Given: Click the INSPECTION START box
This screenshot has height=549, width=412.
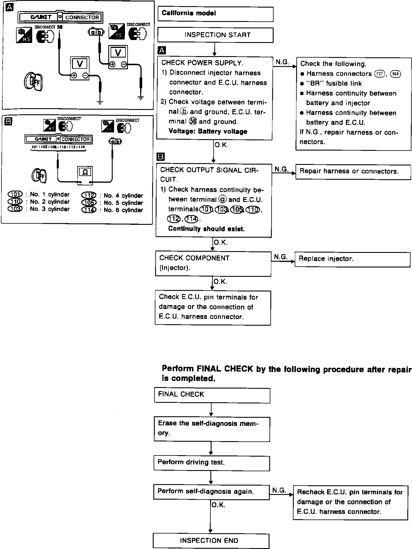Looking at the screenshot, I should [x=215, y=35].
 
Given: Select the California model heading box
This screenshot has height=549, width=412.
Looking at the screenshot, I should [x=215, y=14].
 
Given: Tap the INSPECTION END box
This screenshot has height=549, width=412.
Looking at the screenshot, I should [x=211, y=541].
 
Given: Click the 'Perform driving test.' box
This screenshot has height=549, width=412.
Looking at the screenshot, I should [x=211, y=463].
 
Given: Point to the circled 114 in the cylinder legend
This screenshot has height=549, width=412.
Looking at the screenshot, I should [x=89, y=210].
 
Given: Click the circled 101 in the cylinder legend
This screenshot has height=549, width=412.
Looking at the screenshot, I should [x=15, y=194].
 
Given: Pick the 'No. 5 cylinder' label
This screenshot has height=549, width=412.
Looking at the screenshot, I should [x=123, y=203].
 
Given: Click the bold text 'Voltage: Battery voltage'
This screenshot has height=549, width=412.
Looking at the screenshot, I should [x=208, y=132].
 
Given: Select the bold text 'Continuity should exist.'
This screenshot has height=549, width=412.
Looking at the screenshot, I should [x=206, y=229].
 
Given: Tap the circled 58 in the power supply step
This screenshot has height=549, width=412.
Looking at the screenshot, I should [x=193, y=122].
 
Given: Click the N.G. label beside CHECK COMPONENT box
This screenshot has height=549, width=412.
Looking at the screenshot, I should [x=281, y=257].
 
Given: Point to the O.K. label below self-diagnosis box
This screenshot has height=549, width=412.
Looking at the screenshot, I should [x=218, y=505].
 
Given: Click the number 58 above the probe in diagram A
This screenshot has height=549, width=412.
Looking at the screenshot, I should [x=60, y=27].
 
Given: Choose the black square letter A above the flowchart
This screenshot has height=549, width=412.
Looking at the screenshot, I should [x=162, y=51].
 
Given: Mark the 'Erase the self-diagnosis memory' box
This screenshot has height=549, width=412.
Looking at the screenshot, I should [x=212, y=429].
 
